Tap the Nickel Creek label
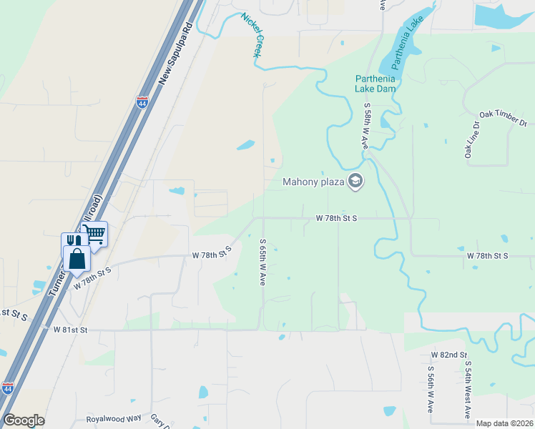click(252, 34)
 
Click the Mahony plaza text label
click(313, 182)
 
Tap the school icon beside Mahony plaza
click(355, 181)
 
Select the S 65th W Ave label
click(263, 262)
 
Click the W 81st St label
click(70, 330)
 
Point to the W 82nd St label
click(448, 355)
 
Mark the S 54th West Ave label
click(468, 390)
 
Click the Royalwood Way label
click(114, 419)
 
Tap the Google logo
click(24, 420)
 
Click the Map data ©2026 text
click(504, 423)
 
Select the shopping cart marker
click(94, 233)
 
